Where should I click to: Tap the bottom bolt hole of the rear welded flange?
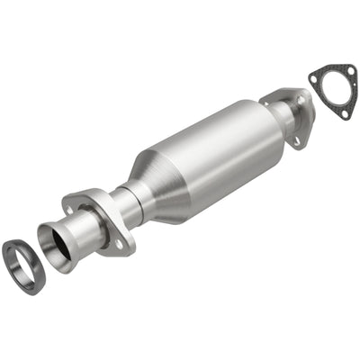(295, 140)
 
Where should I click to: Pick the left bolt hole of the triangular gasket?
(314, 79)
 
